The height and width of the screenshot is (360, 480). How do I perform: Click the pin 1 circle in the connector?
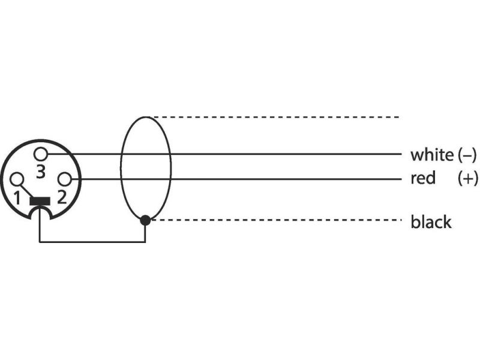coord(17,178)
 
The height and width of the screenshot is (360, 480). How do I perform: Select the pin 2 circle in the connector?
coord(64,179)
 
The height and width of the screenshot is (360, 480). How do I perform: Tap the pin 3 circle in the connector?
coord(41,154)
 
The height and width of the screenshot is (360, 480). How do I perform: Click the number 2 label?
coord(61,197)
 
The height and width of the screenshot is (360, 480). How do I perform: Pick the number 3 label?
coord(40,172)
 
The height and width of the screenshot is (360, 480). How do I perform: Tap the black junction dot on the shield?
coord(145,220)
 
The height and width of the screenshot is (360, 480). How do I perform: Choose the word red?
coord(423,178)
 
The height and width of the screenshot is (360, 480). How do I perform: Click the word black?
coord(431,223)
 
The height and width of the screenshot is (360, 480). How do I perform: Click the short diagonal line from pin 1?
coord(26,190)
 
